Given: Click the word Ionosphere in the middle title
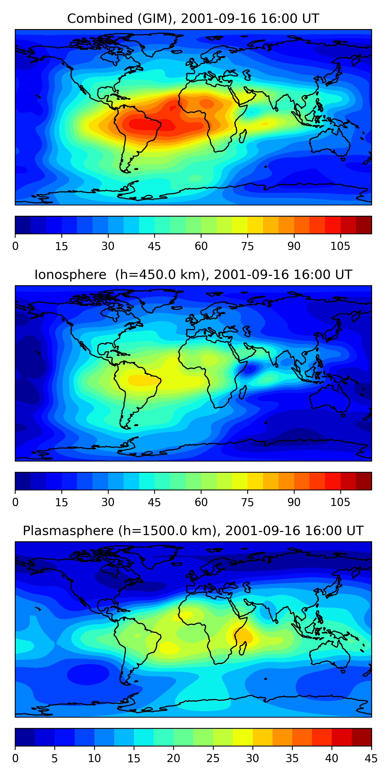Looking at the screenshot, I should click(x=70, y=275).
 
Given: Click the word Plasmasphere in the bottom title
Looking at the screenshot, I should click(x=68, y=531).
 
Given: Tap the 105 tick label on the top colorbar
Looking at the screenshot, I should click(x=340, y=246).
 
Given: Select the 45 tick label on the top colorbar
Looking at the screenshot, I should click(x=154, y=246).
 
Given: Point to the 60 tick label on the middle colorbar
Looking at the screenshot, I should click(x=201, y=502).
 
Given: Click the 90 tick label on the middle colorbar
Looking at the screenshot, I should click(x=294, y=502).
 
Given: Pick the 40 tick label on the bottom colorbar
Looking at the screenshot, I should click(x=331, y=758).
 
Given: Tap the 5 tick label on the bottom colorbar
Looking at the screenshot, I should click(x=55, y=758).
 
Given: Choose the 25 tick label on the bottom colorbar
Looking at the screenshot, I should click(x=213, y=758).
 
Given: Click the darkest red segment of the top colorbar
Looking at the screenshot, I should click(x=364, y=225).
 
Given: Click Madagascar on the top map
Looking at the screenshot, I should click(x=243, y=136).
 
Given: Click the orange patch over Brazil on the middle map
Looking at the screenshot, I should click(x=142, y=380).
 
